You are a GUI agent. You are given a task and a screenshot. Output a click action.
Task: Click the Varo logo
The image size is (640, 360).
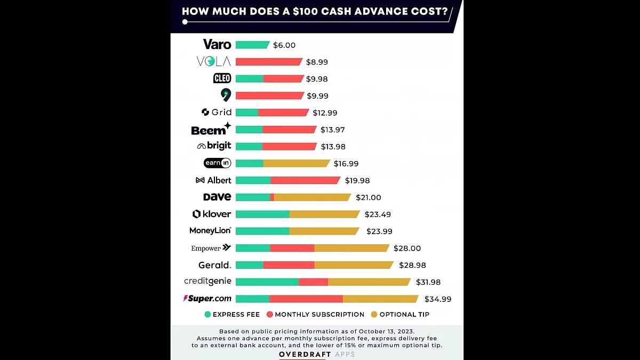[x=217, y=44]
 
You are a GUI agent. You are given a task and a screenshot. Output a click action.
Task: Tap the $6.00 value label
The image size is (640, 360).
[x=284, y=45]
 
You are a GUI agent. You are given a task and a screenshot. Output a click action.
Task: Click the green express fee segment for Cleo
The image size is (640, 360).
[x=249, y=79]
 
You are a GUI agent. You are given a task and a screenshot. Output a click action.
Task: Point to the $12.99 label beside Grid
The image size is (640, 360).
[x=325, y=113]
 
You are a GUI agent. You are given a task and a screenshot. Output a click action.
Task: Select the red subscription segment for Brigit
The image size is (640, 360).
[x=289, y=147]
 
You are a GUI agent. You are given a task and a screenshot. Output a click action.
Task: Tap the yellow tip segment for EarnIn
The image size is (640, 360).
[x=297, y=164]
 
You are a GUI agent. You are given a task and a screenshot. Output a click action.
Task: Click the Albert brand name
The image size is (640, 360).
[x=219, y=180]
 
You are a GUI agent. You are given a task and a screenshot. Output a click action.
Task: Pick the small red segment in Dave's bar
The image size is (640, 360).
[x=272, y=197]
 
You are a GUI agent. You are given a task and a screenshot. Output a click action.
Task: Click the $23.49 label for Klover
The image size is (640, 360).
[x=378, y=214]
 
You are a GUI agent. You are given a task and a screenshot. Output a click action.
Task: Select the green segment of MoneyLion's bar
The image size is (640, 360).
[x=262, y=231]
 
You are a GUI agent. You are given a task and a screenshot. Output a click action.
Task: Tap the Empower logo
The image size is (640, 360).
[x=211, y=248]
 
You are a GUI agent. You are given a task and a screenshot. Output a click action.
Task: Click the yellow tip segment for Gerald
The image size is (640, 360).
[x=354, y=265]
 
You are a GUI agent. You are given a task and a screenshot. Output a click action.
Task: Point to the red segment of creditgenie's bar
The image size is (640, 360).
[x=313, y=282]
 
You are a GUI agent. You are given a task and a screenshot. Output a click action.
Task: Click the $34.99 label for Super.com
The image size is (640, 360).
[x=437, y=299]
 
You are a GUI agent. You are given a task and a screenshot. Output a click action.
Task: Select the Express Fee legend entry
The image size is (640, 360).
[x=232, y=315]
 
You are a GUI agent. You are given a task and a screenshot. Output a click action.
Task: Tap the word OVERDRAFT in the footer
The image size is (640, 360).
[x=302, y=354]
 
